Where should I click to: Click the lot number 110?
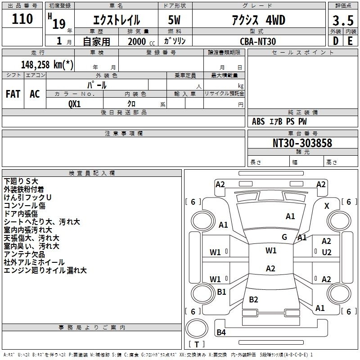22,18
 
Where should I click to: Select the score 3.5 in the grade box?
343,21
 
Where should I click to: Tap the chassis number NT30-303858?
302,143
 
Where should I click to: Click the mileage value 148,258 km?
47,65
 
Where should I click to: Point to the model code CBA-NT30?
258,41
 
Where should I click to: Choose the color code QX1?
75,104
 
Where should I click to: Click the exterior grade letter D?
336,41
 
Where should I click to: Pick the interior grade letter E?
350,41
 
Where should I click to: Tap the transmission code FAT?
13,94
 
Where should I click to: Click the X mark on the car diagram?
327,206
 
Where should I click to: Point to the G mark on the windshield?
284,237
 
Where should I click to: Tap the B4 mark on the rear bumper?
221,332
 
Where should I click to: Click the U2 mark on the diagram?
327,252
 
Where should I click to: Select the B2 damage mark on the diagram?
253,299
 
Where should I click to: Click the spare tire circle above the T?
197,328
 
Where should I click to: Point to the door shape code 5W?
174,20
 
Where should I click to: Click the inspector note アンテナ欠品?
24,254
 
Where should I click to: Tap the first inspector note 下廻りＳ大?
21,181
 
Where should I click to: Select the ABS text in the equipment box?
258,121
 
